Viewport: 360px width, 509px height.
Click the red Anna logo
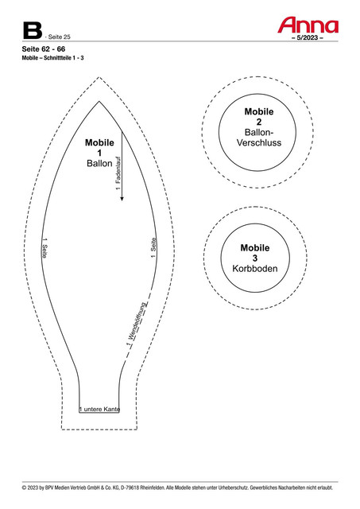[308, 25]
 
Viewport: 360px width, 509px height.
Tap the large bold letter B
[33, 30]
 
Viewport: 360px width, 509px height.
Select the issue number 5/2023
[307, 37]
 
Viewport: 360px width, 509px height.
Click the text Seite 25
[60, 37]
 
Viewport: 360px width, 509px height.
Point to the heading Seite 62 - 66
[44, 49]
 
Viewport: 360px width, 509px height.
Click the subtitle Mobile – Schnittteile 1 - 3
[53, 58]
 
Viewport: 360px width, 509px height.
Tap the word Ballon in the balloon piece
[99, 163]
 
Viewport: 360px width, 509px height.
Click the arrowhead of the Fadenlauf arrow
[122, 198]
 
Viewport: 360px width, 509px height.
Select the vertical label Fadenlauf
[118, 171]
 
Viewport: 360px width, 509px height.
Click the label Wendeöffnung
[138, 321]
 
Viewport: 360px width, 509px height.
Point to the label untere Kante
[102, 409]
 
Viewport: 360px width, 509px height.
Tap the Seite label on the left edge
[45, 250]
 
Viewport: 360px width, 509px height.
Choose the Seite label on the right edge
[153, 245]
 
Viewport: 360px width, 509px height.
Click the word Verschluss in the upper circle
[259, 142]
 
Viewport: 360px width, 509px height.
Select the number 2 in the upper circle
[259, 122]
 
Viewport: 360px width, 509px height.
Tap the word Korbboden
[255, 269]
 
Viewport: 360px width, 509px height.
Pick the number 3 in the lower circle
[255, 258]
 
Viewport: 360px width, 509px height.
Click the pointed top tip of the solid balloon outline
[99, 102]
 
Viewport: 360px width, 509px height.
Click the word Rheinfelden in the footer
[152, 488]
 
